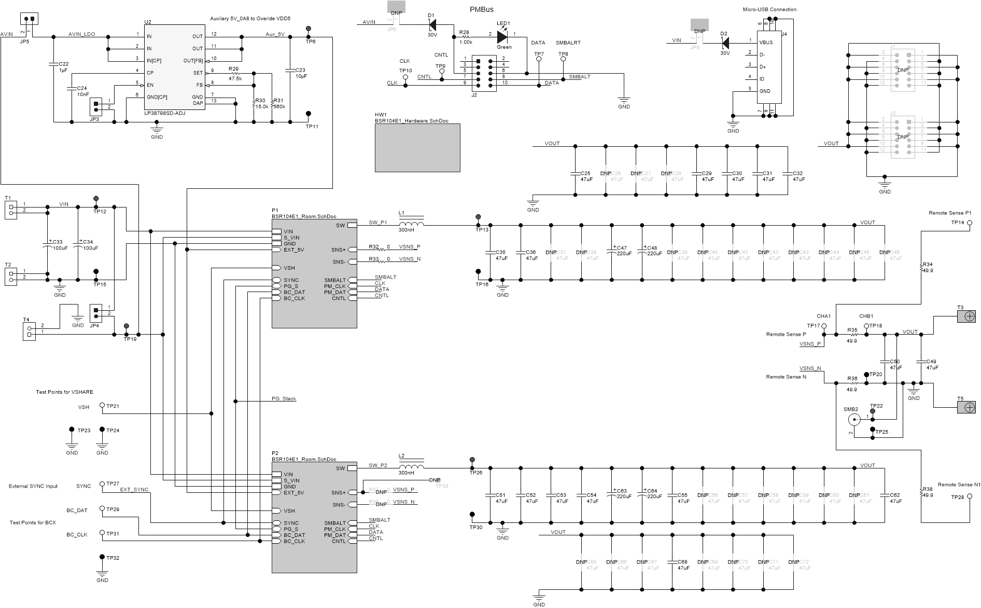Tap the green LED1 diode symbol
click(502, 37)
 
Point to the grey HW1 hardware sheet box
click(417, 147)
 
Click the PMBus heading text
click(481, 9)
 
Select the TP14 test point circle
click(970, 223)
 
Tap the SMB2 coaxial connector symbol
click(852, 420)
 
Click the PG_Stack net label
click(284, 399)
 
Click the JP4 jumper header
click(96, 314)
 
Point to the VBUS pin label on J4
click(766, 43)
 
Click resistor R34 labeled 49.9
click(921, 267)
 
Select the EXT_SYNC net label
click(134, 490)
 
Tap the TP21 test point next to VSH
click(102, 405)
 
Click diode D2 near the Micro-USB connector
click(725, 42)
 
